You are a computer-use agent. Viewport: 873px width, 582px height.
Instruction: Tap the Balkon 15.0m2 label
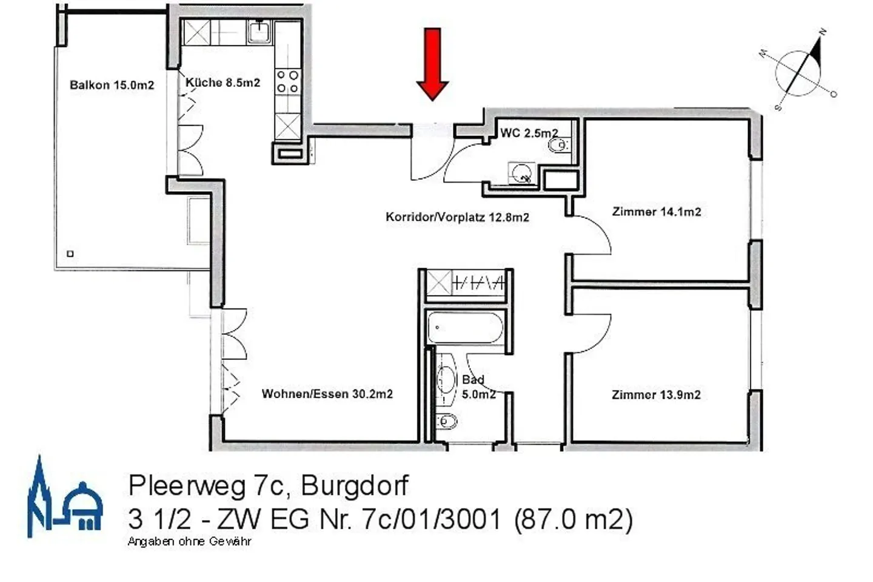pyautogui.click(x=112, y=85)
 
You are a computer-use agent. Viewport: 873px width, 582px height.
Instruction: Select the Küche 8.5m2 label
pyautogui.click(x=222, y=83)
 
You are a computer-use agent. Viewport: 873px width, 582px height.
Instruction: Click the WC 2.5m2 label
pyautogui.click(x=529, y=133)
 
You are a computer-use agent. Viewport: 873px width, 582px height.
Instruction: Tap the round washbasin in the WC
pyautogui.click(x=520, y=173)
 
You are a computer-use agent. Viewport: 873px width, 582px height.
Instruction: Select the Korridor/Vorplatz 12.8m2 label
pyautogui.click(x=457, y=217)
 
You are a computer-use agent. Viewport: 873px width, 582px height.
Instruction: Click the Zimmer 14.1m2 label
pyautogui.click(x=657, y=212)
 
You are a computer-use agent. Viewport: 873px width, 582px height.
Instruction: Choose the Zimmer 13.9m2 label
pyautogui.click(x=656, y=394)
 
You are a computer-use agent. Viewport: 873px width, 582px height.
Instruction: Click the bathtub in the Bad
pyautogui.click(x=464, y=328)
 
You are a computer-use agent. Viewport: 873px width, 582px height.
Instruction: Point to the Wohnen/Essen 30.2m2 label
pyautogui.click(x=327, y=394)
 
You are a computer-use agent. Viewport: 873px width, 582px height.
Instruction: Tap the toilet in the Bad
pyautogui.click(x=447, y=419)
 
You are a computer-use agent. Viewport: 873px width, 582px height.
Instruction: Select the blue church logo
pyautogui.click(x=64, y=499)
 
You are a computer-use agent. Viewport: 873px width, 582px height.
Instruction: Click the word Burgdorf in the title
pyautogui.click(x=355, y=486)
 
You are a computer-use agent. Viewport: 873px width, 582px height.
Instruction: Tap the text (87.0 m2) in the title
pyautogui.click(x=573, y=519)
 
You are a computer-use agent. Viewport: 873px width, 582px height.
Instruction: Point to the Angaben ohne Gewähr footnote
pyautogui.click(x=189, y=541)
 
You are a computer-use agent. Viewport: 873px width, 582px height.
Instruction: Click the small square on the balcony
pyautogui.click(x=70, y=254)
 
